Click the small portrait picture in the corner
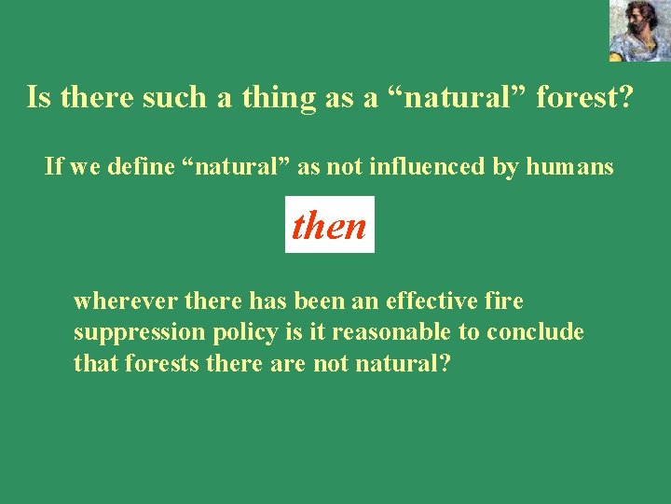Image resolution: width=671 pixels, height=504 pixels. click(639, 30)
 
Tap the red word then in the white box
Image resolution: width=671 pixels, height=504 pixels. click(329, 225)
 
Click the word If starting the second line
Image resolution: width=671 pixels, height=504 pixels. click(53, 167)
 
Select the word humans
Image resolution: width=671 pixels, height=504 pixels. click(569, 167)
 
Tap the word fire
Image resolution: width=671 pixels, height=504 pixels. click(504, 301)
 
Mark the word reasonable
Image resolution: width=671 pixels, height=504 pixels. click(390, 333)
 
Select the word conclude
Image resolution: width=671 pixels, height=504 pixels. click(541, 333)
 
